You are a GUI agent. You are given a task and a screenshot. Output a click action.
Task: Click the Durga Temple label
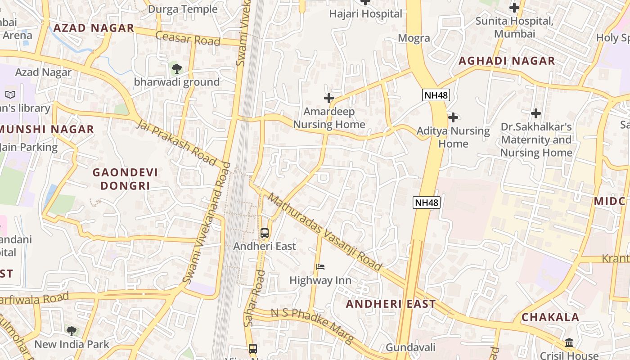tap(182, 9)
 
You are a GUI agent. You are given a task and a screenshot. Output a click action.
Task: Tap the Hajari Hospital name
tap(365, 14)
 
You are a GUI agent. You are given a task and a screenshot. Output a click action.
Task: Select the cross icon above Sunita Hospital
tap(514, 8)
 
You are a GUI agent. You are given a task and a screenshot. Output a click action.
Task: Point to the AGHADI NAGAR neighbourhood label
tap(506, 61)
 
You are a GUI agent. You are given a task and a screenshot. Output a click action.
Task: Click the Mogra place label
tap(414, 38)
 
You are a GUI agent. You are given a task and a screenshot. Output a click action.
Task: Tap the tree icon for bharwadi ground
tap(176, 69)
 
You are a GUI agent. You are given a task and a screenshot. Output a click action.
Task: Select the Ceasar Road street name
tap(188, 38)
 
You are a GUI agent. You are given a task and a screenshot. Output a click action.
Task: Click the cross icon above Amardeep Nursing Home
tap(329, 98)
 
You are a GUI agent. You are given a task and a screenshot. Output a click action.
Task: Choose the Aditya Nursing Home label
tap(453, 137)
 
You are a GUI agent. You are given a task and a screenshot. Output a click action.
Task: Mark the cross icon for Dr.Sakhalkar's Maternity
tap(535, 113)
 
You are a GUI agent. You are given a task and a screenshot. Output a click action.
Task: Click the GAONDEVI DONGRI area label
tap(125, 179)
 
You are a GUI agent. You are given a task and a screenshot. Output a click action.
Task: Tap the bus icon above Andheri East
tap(265, 233)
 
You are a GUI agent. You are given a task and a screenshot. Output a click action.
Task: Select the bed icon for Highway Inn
tap(320, 267)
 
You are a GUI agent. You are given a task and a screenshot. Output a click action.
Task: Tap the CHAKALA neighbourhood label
tap(550, 317)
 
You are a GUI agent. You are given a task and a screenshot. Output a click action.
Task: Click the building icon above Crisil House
tap(569, 343)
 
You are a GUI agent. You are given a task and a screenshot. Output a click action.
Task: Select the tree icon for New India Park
tap(71, 331)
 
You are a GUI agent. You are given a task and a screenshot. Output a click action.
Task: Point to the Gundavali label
tap(410, 347)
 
